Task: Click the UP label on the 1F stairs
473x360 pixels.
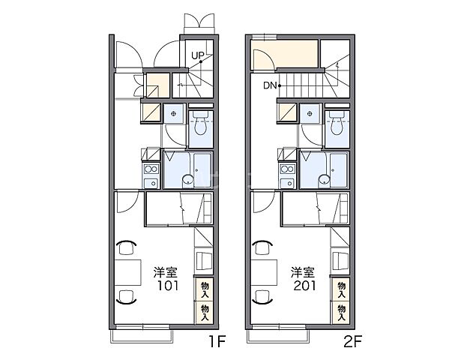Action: pos(198,55)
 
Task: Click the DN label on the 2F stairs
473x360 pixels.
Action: pos(270,85)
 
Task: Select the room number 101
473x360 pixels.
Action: pos(168,286)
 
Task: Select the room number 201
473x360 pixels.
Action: pos(304,286)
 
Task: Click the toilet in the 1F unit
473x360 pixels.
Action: pos(200,123)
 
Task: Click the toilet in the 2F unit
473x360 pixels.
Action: pos(337,123)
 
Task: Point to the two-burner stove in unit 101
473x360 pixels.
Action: pos(151,169)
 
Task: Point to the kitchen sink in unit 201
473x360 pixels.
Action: pos(288,182)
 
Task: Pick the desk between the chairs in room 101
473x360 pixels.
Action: pos(128,272)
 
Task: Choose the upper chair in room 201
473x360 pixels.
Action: pos(263,247)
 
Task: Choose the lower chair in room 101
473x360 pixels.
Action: pos(127,296)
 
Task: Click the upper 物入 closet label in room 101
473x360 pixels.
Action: pos(205,289)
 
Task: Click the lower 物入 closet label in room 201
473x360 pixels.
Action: pos(342,313)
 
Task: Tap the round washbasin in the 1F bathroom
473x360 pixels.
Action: pos(187,180)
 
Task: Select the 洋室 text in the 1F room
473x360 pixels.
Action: pos(166,272)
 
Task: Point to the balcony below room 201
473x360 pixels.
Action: pos(278,336)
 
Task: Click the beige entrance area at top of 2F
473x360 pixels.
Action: pos(285,54)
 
